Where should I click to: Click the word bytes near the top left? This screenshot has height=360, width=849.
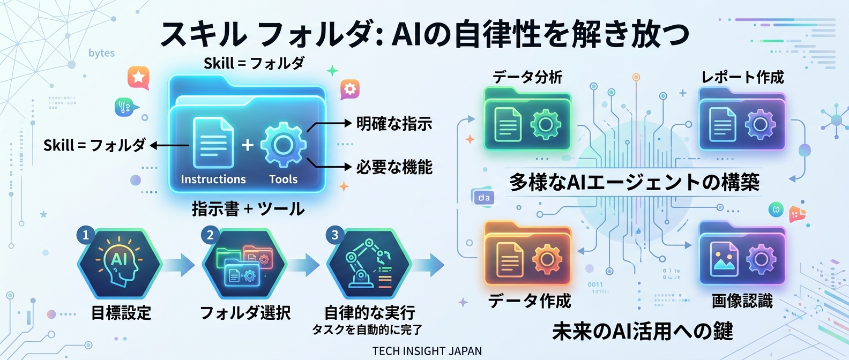101,53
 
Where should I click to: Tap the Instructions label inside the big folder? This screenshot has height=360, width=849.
213,179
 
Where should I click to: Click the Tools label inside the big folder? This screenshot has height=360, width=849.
283,179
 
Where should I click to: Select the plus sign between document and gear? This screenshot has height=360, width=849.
247,145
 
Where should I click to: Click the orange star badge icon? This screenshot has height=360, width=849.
138,77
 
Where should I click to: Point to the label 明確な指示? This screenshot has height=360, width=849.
394,124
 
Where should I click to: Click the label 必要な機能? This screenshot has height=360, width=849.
394,167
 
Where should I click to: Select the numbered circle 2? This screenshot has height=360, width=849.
210,235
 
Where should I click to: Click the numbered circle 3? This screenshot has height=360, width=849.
335,235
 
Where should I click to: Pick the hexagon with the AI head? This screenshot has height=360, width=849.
120,264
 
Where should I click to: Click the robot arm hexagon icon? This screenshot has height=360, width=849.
369,264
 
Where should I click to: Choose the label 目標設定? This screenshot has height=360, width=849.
121,313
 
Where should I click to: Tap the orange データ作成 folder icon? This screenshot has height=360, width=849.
528,254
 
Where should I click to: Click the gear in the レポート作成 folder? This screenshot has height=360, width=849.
760,124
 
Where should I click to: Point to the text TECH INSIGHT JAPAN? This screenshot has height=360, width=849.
427,351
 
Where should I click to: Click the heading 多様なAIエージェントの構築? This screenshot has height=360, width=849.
634,183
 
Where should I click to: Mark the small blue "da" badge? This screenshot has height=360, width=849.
483,198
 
